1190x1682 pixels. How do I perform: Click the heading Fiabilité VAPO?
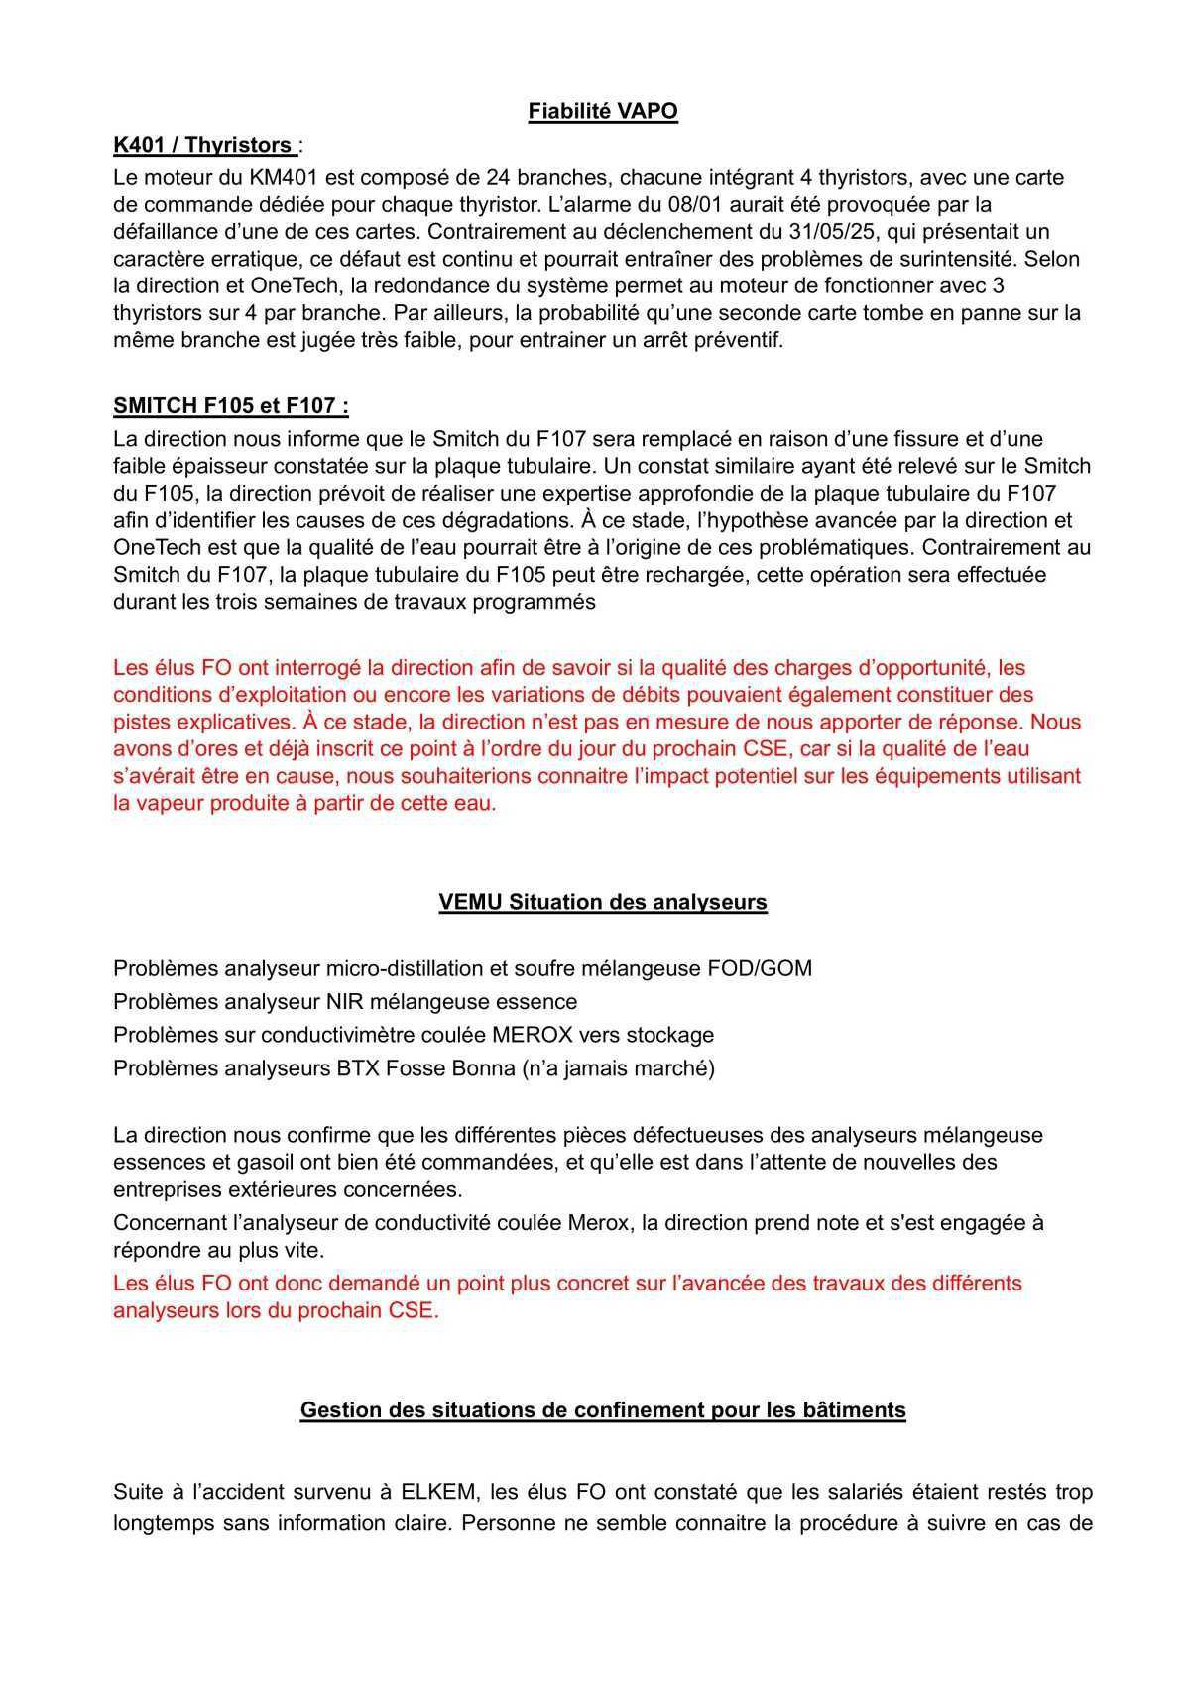(x=603, y=111)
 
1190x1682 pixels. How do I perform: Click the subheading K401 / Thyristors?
(x=203, y=145)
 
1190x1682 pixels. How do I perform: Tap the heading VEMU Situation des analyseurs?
(x=603, y=902)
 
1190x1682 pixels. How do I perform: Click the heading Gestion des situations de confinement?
(x=603, y=1409)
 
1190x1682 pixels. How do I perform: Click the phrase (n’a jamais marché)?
(x=618, y=1068)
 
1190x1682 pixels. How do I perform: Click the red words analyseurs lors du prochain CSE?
(x=276, y=1310)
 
